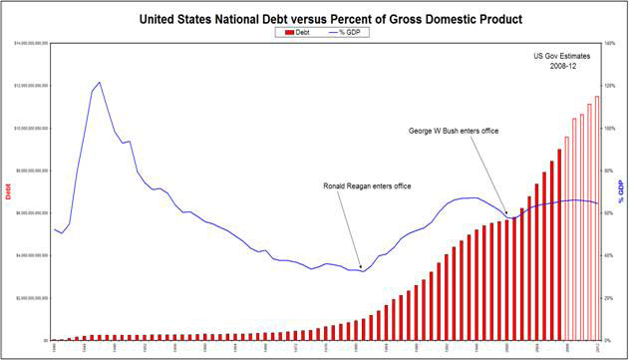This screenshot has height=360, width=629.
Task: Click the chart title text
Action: click(314, 18)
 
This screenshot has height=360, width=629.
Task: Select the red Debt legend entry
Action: click(292, 32)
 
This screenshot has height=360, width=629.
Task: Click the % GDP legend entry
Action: click(340, 32)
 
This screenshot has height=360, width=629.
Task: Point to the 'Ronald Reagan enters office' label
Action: click(367, 185)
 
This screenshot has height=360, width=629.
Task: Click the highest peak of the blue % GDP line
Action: click(100, 82)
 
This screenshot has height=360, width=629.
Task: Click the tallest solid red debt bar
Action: click(559, 244)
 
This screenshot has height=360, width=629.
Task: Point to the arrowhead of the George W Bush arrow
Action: click(506, 214)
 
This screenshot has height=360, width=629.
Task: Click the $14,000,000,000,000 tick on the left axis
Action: click(31, 44)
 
